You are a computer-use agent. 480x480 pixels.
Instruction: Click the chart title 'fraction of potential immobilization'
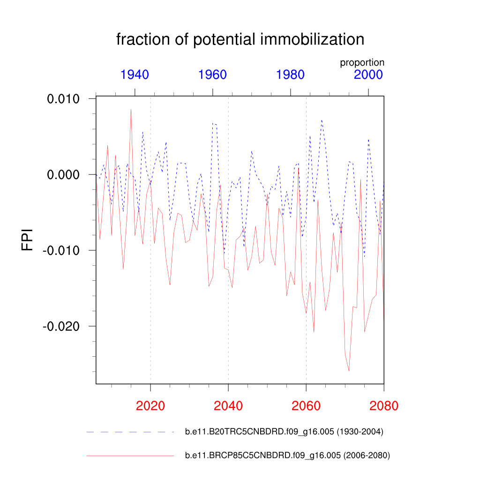(x=240, y=39)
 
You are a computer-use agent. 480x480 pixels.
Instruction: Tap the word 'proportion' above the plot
(x=362, y=62)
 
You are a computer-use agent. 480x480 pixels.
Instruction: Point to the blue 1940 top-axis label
(x=135, y=75)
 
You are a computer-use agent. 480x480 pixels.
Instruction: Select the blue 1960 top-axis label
(x=212, y=75)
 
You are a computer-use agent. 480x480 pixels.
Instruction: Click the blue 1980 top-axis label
(x=290, y=75)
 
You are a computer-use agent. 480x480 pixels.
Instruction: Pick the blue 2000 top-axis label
(x=368, y=75)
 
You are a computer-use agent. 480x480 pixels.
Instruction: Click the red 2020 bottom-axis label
(x=150, y=405)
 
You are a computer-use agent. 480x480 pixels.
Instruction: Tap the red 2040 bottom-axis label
(x=228, y=405)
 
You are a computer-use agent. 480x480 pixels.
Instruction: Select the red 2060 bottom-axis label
(x=306, y=405)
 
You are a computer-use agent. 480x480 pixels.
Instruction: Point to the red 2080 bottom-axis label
(x=383, y=405)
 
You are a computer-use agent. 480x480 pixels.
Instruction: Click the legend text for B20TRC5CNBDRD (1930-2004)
(x=284, y=432)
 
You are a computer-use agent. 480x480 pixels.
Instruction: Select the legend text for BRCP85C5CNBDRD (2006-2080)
(x=287, y=455)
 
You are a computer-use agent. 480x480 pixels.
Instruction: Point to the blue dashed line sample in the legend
(x=130, y=432)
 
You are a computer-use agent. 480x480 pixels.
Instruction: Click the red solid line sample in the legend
(x=130, y=455)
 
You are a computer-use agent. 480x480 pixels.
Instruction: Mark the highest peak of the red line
(x=131, y=109)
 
